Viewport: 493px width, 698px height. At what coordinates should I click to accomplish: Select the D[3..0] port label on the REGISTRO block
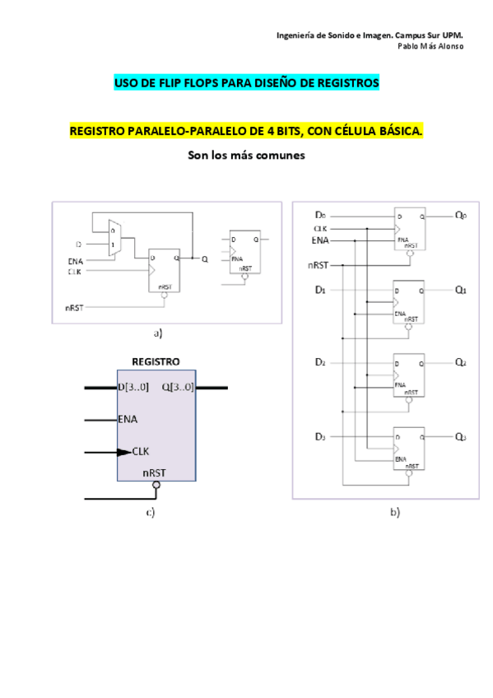click(133, 387)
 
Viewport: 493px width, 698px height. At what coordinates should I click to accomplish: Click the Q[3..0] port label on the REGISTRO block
click(179, 387)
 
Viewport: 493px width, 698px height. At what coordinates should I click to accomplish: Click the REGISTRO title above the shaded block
click(156, 361)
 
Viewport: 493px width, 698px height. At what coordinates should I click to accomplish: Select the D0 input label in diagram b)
click(321, 216)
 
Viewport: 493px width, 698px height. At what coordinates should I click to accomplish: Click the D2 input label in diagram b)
click(321, 362)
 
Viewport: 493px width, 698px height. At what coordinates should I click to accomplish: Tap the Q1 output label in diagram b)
click(461, 291)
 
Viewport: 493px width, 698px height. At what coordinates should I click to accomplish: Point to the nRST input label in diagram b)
click(317, 265)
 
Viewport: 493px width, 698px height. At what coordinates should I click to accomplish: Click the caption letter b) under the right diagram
click(394, 512)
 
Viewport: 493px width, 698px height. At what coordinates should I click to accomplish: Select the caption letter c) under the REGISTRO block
click(151, 513)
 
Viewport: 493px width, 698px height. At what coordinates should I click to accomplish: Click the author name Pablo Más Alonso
click(430, 46)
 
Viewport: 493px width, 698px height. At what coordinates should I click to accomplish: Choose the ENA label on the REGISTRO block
click(128, 419)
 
